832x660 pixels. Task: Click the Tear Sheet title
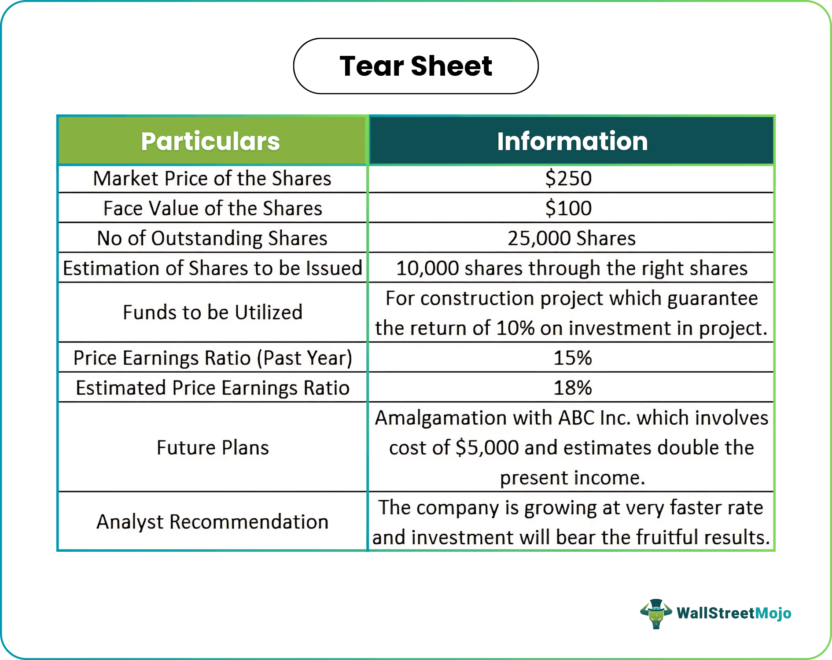tap(416, 66)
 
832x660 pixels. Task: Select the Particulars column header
tap(210, 141)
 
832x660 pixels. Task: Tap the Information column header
tap(572, 141)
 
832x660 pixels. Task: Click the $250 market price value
tap(568, 179)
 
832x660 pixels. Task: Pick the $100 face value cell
tap(568, 208)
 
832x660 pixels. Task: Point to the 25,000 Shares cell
tap(571, 238)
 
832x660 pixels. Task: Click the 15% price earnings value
tap(572, 358)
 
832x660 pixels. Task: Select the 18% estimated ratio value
tap(572, 388)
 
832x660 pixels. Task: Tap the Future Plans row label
tap(213, 448)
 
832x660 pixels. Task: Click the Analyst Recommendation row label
tap(213, 522)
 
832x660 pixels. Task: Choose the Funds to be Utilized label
tap(213, 312)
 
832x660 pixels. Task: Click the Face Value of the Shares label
tap(213, 208)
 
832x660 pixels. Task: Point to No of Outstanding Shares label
tap(212, 238)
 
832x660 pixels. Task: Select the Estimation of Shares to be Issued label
tap(212, 268)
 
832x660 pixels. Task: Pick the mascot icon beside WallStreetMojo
tap(656, 613)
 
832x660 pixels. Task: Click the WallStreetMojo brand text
tap(734, 613)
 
